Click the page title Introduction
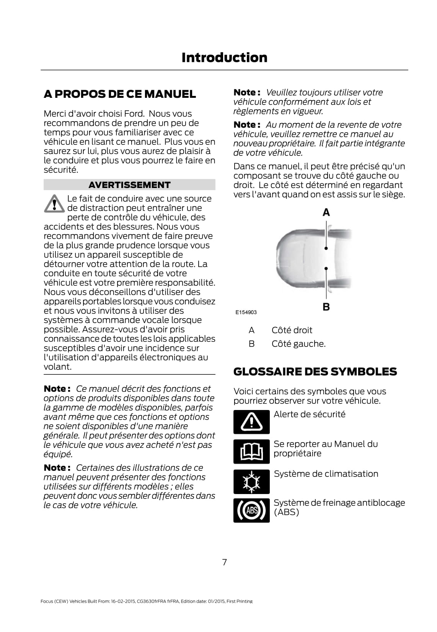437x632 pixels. (224, 58)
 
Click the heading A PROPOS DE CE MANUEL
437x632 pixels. (120, 94)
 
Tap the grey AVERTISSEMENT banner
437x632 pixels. (129, 185)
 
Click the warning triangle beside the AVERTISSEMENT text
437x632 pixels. (54, 204)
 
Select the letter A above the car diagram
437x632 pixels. (326, 212)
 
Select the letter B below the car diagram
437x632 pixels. (326, 306)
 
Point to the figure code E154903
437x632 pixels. (246, 312)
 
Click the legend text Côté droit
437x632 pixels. (292, 330)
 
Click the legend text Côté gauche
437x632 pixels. (298, 344)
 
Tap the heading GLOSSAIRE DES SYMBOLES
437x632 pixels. (315, 372)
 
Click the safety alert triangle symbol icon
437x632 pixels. (251, 422)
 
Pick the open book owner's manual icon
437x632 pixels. (251, 452)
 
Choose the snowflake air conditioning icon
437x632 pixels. (251, 481)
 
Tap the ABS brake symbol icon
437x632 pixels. (251, 510)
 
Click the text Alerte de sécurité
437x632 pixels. (309, 415)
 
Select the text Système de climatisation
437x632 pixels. (326, 474)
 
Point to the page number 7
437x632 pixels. (224, 562)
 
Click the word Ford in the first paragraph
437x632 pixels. (135, 114)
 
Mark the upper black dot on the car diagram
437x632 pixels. (326, 248)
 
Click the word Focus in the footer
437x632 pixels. (47, 601)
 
